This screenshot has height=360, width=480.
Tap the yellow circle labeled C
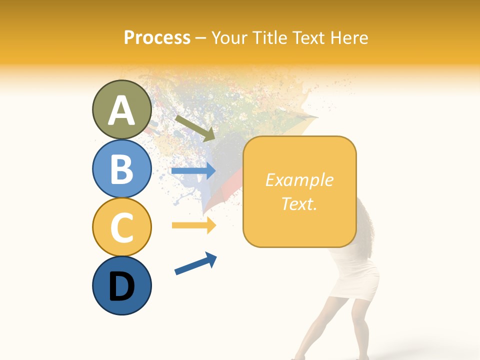[121, 227]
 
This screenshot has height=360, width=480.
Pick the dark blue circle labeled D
[121, 285]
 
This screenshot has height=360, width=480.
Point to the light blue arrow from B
[193, 171]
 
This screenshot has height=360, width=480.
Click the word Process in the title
[157, 37]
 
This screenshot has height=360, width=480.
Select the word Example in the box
[299, 180]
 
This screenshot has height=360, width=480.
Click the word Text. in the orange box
[299, 203]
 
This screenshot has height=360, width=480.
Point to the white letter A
[121, 110]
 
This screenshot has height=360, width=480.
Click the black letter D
[121, 286]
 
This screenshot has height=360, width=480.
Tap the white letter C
[121, 227]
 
